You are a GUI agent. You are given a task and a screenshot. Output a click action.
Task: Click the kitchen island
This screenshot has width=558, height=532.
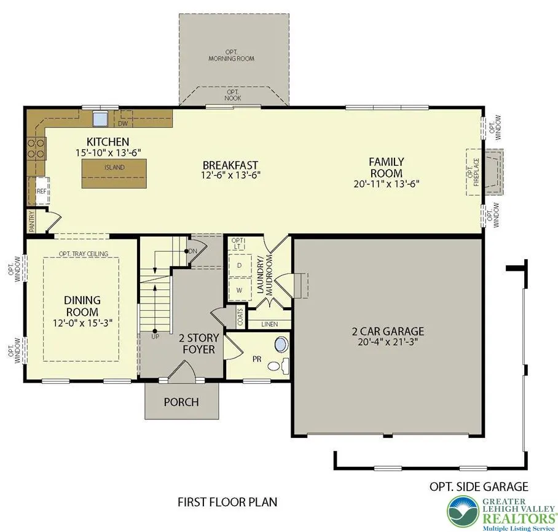pos(114,173)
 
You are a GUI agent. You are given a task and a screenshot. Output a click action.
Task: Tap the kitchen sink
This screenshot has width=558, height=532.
pos(100,119)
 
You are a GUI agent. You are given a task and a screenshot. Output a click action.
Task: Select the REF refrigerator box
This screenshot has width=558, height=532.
pos(42,190)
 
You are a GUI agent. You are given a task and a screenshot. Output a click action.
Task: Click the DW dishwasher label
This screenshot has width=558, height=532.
pos(123,123)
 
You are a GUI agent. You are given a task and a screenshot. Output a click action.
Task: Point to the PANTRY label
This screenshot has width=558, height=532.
pos(32,221)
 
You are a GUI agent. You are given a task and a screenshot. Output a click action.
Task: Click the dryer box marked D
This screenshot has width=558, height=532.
pos(239,265)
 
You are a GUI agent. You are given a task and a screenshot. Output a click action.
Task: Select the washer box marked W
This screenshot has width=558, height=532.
pos(239,290)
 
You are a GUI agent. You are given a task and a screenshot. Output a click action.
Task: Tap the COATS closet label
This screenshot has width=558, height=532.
pos(240,317)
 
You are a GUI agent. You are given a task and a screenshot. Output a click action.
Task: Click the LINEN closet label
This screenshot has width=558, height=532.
pos(269,324)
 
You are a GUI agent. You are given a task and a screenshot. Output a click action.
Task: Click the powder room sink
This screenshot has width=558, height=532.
pos(281,345)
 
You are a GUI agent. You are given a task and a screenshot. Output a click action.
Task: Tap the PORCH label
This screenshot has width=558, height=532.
pos(181,402)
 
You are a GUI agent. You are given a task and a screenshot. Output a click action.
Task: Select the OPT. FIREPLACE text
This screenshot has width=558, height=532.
pos(474,172)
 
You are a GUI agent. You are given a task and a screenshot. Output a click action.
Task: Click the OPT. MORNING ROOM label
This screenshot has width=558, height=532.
pos(231,55)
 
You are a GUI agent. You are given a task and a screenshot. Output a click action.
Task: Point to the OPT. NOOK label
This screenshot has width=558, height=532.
pos(233,95)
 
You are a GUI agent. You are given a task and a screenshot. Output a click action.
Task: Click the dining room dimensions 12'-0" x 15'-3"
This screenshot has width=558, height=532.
pos(82,323)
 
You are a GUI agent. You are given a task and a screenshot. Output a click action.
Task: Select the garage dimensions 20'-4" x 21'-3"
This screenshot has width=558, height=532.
pos(388,342)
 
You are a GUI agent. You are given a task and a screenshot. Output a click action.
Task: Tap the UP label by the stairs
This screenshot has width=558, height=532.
pos(155,336)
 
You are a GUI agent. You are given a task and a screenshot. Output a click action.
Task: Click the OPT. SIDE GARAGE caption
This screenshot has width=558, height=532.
pos(479,486)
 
